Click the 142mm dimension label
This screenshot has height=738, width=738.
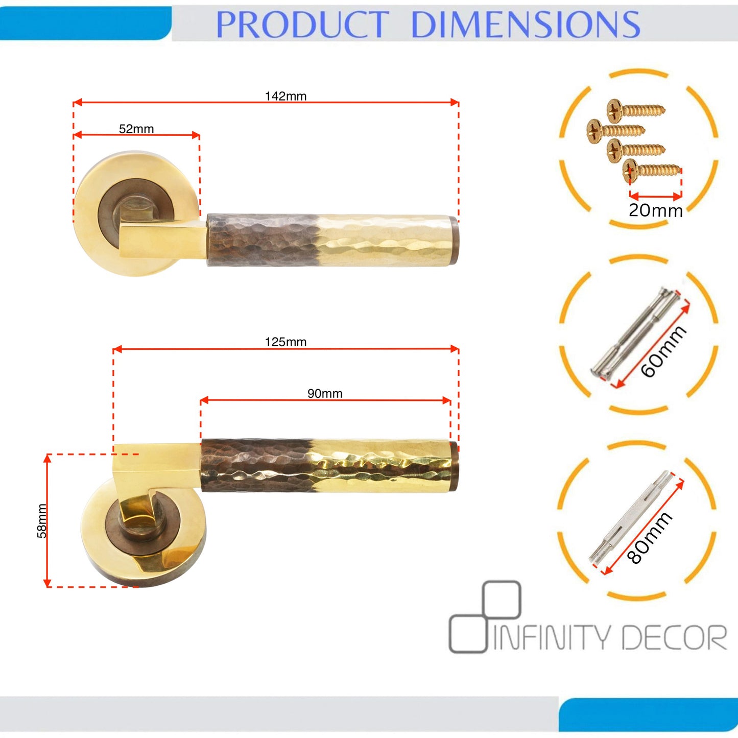[285, 96]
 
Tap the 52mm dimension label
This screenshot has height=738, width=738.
[136, 129]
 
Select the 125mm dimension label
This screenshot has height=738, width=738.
[285, 342]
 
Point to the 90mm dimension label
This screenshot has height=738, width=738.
[325, 393]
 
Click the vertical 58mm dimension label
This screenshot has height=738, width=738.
[42, 520]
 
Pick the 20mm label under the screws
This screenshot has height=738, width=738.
[656, 210]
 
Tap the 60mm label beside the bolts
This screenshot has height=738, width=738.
[663, 351]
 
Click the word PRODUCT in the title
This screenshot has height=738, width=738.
[302, 25]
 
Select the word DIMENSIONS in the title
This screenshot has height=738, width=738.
[526, 25]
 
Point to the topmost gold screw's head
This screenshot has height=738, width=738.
[615, 111]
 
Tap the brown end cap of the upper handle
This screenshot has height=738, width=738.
[454, 241]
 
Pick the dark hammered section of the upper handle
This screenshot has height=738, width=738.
[264, 240]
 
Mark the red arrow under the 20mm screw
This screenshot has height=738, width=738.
[656, 197]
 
